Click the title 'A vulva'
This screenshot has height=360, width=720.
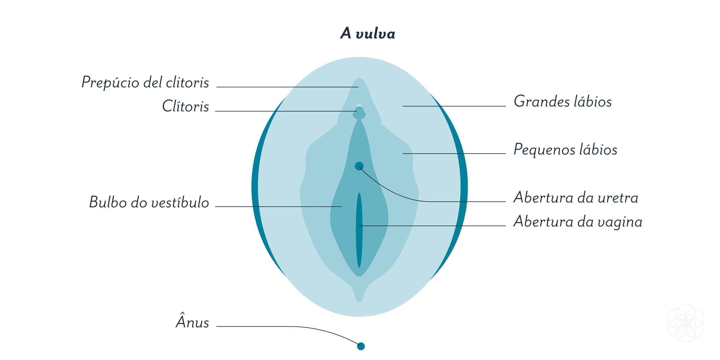367,33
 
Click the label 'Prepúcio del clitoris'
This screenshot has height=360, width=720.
145,82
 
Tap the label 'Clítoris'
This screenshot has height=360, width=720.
185,106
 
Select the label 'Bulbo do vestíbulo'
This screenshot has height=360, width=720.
149,202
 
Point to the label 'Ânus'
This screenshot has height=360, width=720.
192,322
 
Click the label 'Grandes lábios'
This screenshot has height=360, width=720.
562,101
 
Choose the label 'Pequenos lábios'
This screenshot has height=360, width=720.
565,149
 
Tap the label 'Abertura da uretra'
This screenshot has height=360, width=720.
575,197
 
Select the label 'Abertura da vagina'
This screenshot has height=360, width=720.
577,222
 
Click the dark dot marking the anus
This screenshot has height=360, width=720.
361,346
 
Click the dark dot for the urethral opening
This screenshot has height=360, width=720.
359,166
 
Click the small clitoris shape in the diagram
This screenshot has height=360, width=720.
359,113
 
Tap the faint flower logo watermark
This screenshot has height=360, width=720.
685,323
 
